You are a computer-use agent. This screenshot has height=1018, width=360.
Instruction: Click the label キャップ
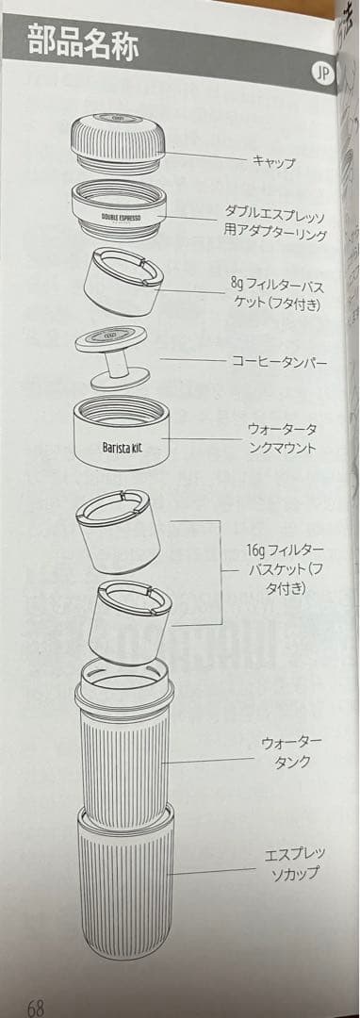273,162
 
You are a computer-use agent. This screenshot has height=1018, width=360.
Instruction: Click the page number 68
36,1007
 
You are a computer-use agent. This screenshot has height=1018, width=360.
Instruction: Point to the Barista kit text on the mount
123,446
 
